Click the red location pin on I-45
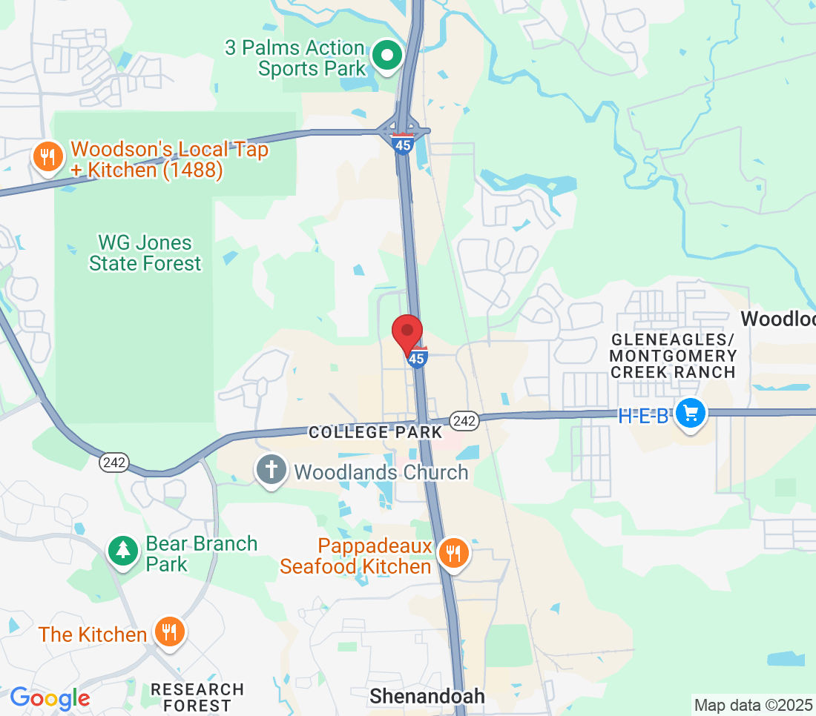point(407,331)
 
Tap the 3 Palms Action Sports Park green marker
point(386,56)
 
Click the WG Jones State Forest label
point(145,253)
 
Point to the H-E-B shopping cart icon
point(691,414)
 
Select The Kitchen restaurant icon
point(170,633)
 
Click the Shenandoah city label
point(427,696)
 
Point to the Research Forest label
point(197,697)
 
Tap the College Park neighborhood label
point(375,431)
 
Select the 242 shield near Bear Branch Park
point(115,463)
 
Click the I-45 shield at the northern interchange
point(403,144)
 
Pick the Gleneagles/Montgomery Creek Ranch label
point(673,356)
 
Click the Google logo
point(50,698)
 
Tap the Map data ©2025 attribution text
point(753,704)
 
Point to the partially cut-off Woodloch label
point(778,319)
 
